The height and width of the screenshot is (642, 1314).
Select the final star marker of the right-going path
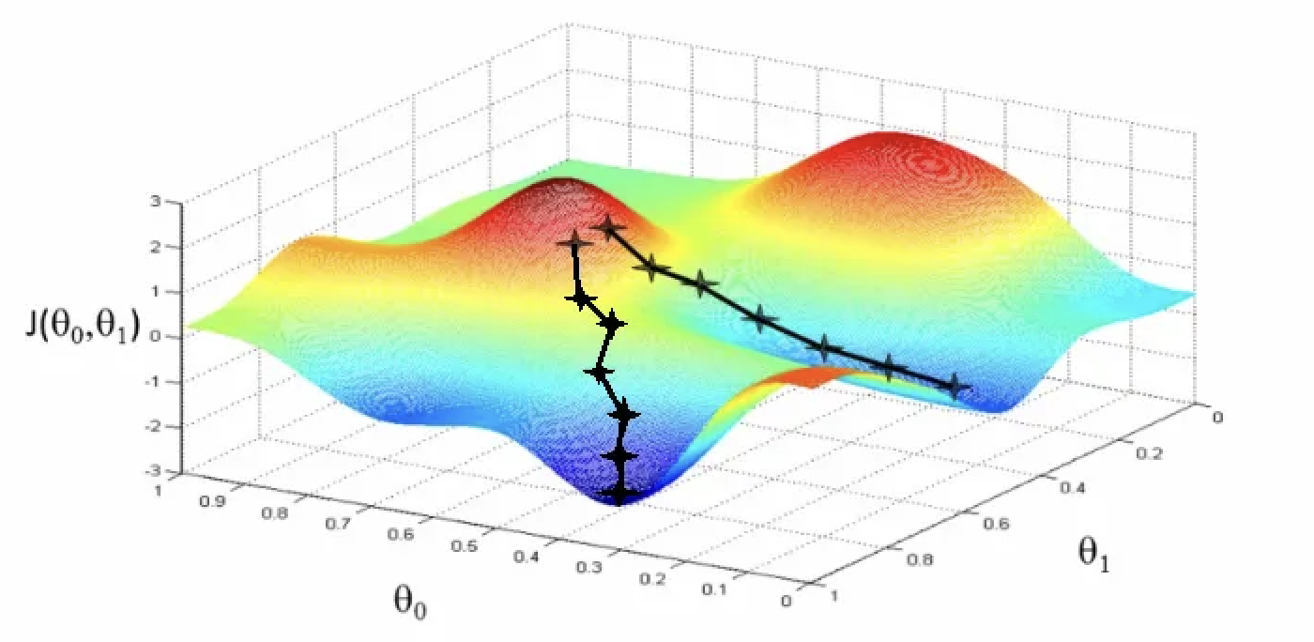pyautogui.click(x=955, y=386)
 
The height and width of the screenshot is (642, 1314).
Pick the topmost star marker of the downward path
pyautogui.click(x=574, y=244)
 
